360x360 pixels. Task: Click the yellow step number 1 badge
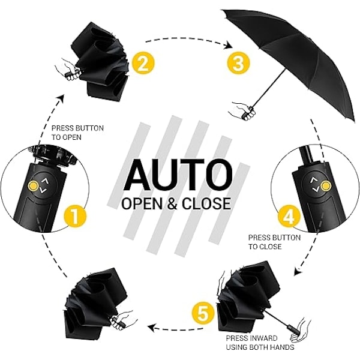tap(76, 217)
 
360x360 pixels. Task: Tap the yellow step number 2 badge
tap(143, 62)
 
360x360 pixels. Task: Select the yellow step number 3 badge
tap(238, 62)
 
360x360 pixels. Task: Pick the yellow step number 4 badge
tap(289, 216)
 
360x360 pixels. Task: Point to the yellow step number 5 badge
tap(203, 313)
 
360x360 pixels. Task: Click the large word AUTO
tap(178, 175)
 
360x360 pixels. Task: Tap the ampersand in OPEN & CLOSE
tap(172, 203)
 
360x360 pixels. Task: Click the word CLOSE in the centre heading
tap(206, 203)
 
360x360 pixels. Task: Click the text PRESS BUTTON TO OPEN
tap(77, 133)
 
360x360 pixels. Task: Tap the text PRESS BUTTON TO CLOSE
tap(274, 242)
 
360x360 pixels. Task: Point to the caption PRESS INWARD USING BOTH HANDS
tap(260, 343)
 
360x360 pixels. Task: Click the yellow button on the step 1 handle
tap(33, 185)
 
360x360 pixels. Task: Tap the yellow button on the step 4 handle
tap(325, 186)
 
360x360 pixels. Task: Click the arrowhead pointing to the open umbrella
tap(229, 45)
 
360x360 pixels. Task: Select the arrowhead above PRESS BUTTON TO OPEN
tap(61, 99)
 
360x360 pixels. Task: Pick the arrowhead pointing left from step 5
tap(152, 328)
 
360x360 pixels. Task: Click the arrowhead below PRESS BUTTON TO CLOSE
tap(298, 271)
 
